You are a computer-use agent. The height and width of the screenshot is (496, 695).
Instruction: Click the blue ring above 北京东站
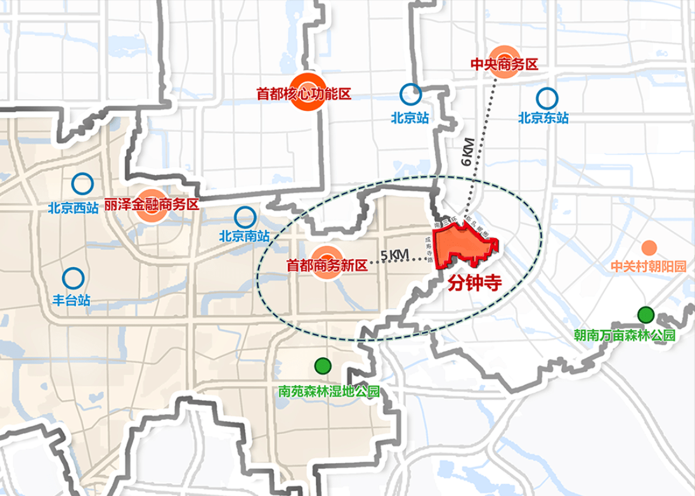[547, 98]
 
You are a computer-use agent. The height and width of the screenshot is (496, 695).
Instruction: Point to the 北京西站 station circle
[82, 184]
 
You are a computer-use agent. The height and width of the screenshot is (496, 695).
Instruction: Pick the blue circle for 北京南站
[244, 216]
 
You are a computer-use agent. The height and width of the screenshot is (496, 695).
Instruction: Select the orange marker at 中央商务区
[505, 63]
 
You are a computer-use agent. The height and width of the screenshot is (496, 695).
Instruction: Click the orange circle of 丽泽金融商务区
[151, 206]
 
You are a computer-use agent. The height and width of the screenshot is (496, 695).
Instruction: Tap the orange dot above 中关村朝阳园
[649, 247]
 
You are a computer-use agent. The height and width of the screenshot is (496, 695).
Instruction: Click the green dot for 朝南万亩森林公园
[646, 314]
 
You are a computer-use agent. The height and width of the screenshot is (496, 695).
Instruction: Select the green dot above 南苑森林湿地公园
[323, 366]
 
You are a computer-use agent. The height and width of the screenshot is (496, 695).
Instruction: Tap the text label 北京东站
[543, 117]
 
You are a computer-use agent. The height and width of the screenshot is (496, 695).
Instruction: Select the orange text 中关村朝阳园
[648, 267]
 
